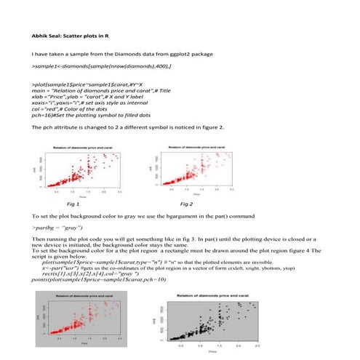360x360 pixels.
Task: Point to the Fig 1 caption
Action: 73,206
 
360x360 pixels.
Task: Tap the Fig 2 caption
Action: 188,206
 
